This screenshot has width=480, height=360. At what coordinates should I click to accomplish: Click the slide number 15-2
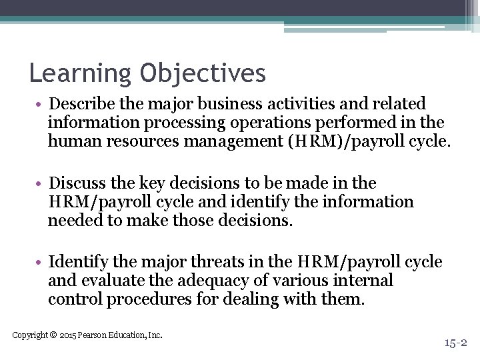click(457, 343)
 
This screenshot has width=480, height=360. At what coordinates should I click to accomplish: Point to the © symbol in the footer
click(53, 335)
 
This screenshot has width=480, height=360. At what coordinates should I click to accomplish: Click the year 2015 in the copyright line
click(68, 335)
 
